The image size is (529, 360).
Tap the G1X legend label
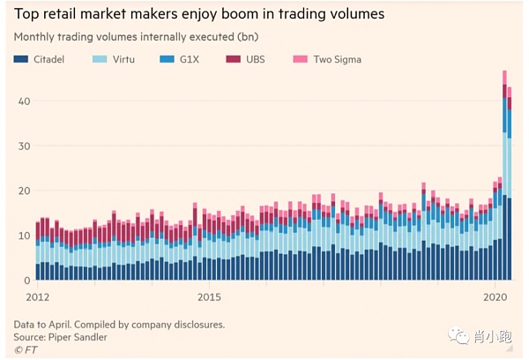[190, 60]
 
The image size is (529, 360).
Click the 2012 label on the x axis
[26, 296]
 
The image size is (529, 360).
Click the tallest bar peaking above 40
[504, 176]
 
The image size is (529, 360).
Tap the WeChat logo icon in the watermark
[458, 336]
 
